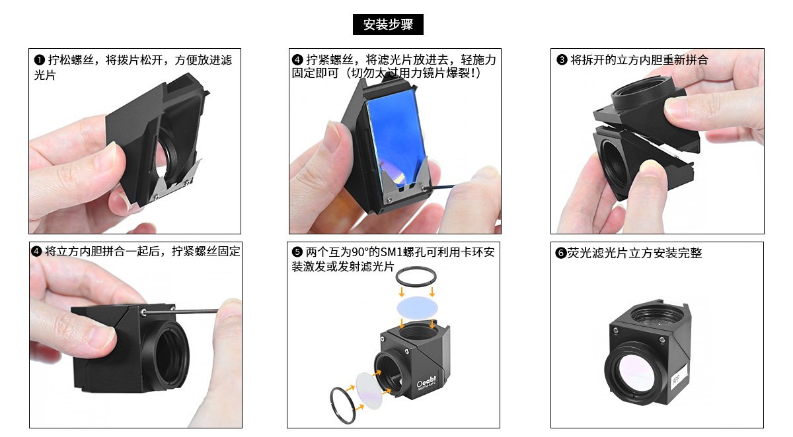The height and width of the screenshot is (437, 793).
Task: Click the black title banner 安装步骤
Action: (x=388, y=24)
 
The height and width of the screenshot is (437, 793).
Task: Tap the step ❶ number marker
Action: (x=39, y=60)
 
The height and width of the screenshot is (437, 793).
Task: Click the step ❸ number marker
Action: (x=562, y=60)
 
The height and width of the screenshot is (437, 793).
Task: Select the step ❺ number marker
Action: (x=297, y=252)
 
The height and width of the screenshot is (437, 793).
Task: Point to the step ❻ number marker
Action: (x=560, y=253)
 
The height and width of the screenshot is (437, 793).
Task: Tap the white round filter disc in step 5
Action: (x=369, y=391)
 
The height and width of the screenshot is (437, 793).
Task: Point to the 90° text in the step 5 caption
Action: (x=360, y=252)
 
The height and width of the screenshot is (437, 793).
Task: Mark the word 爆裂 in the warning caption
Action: (x=458, y=73)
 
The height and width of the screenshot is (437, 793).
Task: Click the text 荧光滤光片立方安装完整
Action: (x=634, y=253)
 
